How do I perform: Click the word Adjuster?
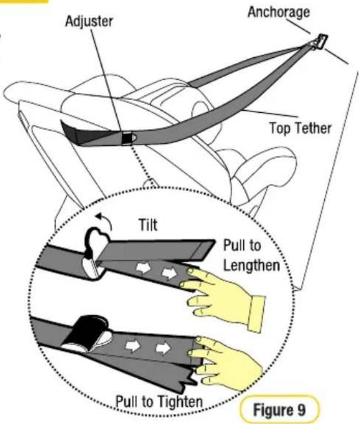pos(89,21)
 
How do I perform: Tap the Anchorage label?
pos(279,12)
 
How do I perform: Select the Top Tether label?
pos(300,128)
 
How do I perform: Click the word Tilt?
pos(148,225)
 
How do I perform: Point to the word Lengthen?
pos(252,265)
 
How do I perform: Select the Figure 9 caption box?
pos(280,409)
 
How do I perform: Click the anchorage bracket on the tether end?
pos(320,41)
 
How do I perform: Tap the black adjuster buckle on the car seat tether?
pos(127,138)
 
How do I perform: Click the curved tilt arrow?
pos(105,220)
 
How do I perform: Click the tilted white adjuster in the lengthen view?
pos(95,254)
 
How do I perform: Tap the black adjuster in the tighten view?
pos(87,333)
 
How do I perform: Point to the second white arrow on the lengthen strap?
pos(170,273)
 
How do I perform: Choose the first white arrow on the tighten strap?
pos(133,345)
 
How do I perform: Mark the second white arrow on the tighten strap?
pos(163,348)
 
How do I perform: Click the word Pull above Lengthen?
pos(234,246)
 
